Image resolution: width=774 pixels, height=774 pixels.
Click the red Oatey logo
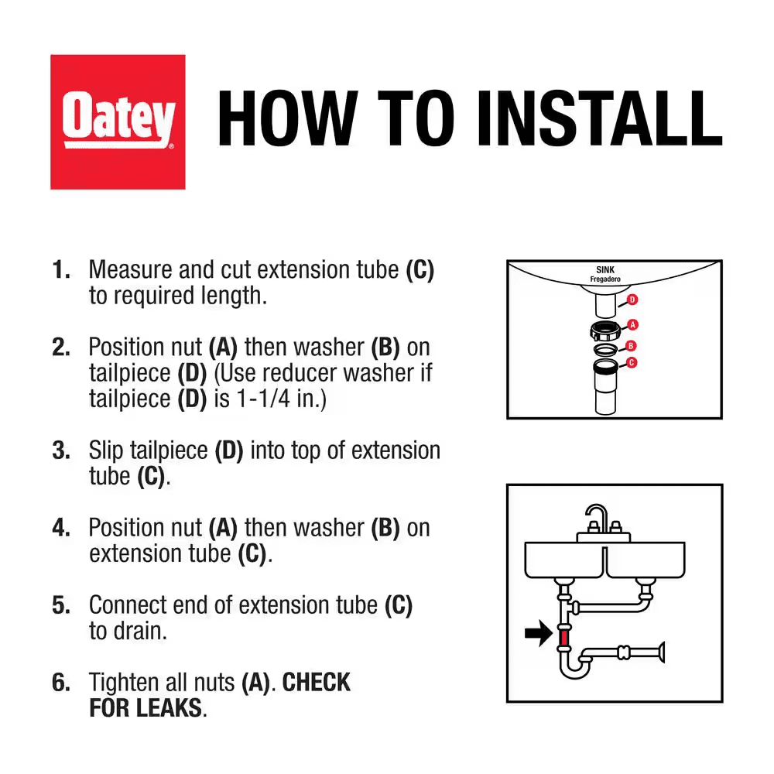coord(118,122)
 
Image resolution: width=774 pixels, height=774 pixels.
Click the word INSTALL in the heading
coord(599,118)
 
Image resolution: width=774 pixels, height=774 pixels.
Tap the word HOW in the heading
coord(287,118)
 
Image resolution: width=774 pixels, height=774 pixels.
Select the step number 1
coord(60,270)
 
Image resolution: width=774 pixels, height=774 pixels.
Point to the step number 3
coord(60,450)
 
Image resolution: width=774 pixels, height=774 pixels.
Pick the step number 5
coord(60,606)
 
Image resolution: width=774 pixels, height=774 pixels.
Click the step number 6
coord(60,683)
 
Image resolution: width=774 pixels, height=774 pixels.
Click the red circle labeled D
coord(632,300)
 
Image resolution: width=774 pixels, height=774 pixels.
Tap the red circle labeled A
coord(632,325)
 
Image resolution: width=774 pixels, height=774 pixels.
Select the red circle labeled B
coord(630,346)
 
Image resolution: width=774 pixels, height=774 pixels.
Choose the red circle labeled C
coord(632,363)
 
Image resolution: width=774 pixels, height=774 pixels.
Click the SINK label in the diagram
coord(605,270)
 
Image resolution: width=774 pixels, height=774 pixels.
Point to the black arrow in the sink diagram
coord(539,633)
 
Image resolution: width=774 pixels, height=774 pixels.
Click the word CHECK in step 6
coord(316,683)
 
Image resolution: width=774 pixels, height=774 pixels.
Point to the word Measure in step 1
coord(131,270)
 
